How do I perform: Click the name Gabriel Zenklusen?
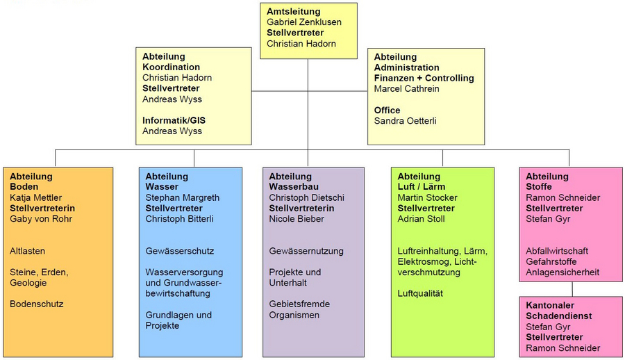(x=304, y=22)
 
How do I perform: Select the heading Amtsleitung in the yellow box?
(x=293, y=12)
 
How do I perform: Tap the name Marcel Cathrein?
(x=406, y=88)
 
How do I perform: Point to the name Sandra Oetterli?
(x=405, y=120)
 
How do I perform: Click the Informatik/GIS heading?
(x=174, y=120)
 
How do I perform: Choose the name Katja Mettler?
(x=36, y=197)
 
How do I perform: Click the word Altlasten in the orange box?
(x=28, y=251)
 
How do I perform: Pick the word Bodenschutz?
(x=37, y=304)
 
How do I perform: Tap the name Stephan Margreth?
(x=183, y=197)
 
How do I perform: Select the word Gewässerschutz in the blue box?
(x=180, y=251)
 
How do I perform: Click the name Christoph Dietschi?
(x=306, y=197)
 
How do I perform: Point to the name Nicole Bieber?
(x=297, y=219)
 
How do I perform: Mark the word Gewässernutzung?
(x=306, y=251)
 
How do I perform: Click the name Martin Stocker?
(x=427, y=197)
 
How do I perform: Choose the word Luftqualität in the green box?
(x=420, y=293)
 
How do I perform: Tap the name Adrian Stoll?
(x=421, y=219)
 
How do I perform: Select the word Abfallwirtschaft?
(x=557, y=251)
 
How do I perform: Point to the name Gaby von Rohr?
(x=41, y=219)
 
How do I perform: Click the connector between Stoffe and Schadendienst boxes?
(x=572, y=289)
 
